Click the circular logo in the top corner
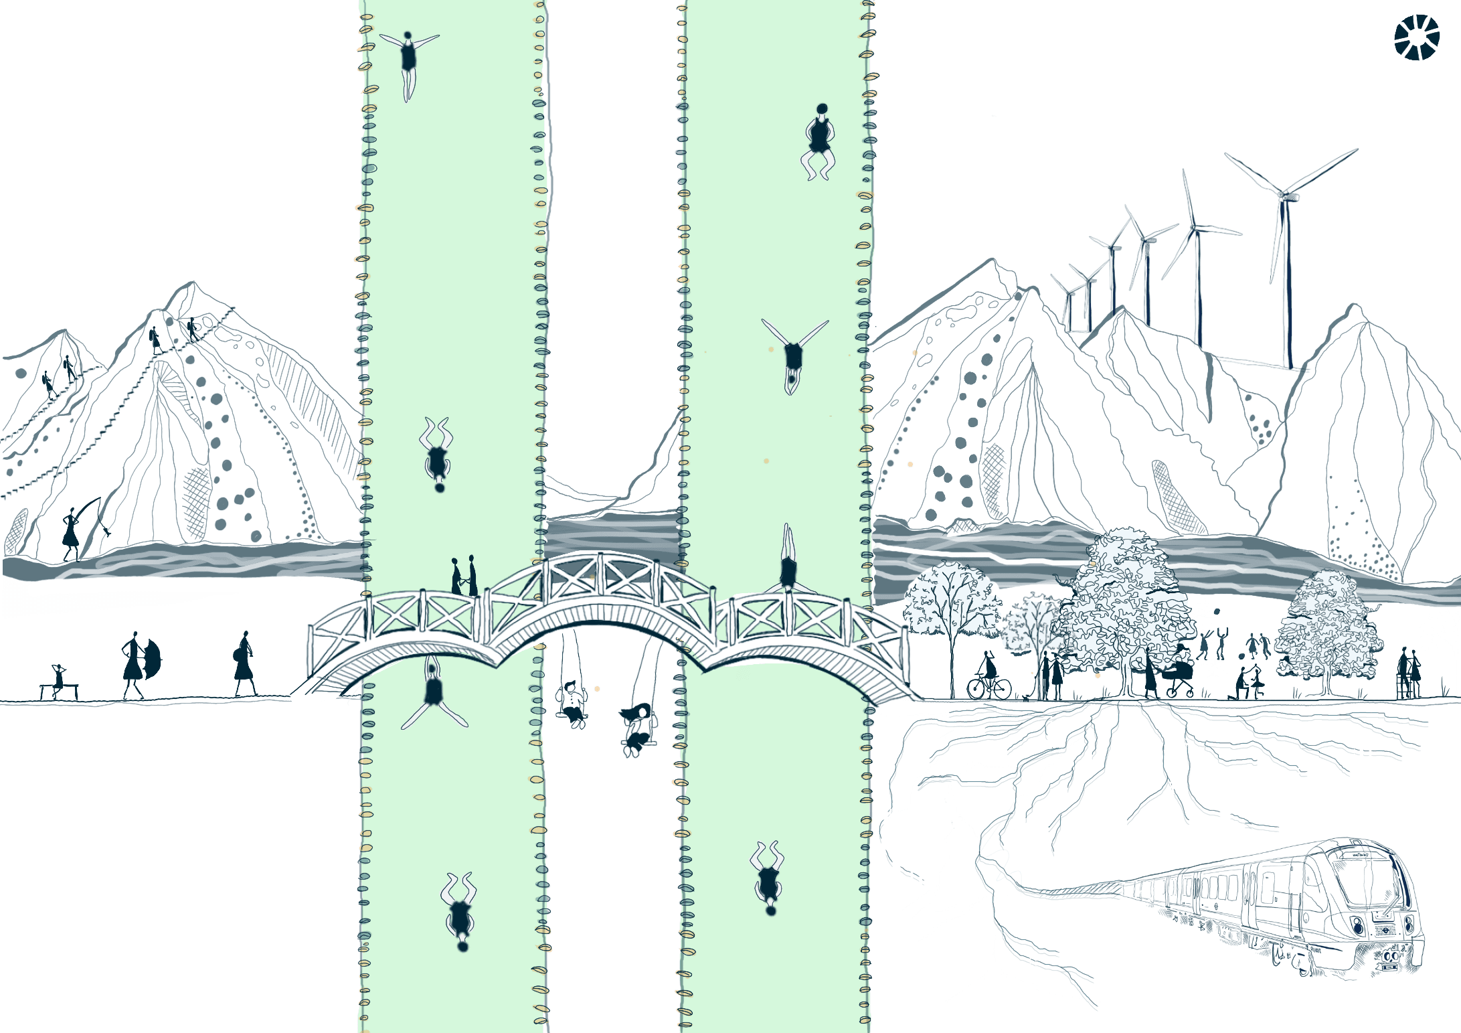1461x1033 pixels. (1417, 37)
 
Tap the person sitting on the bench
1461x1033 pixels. (58, 678)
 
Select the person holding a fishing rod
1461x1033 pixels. (70, 534)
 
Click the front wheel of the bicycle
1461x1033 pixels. (1000, 688)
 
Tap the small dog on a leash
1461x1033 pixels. (1025, 698)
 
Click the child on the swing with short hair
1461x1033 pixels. (572, 703)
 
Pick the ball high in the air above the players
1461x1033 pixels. (1216, 611)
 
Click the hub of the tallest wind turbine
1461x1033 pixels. (1284, 195)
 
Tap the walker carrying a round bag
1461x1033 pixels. (244, 662)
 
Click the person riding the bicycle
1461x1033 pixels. (989, 669)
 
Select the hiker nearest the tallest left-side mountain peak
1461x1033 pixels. (193, 329)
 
